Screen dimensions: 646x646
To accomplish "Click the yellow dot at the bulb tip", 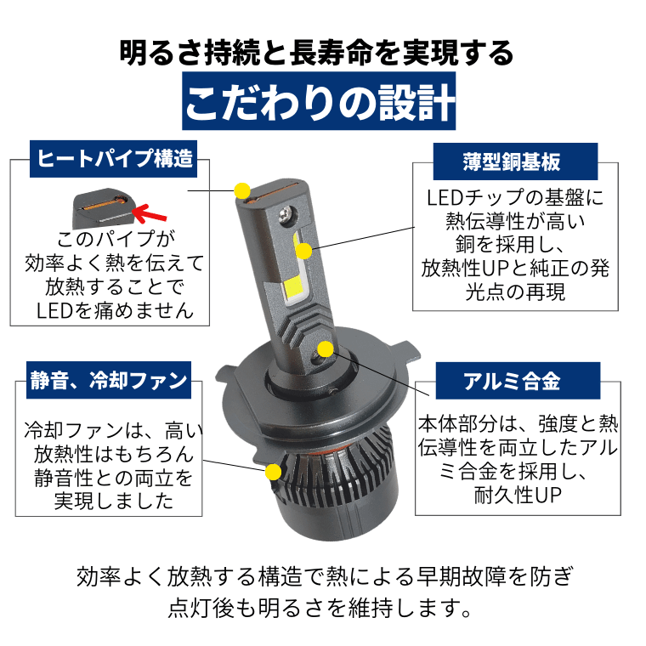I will point(242,188).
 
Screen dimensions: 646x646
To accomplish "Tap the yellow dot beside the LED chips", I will point(304,251).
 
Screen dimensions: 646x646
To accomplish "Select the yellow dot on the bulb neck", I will point(326,348).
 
